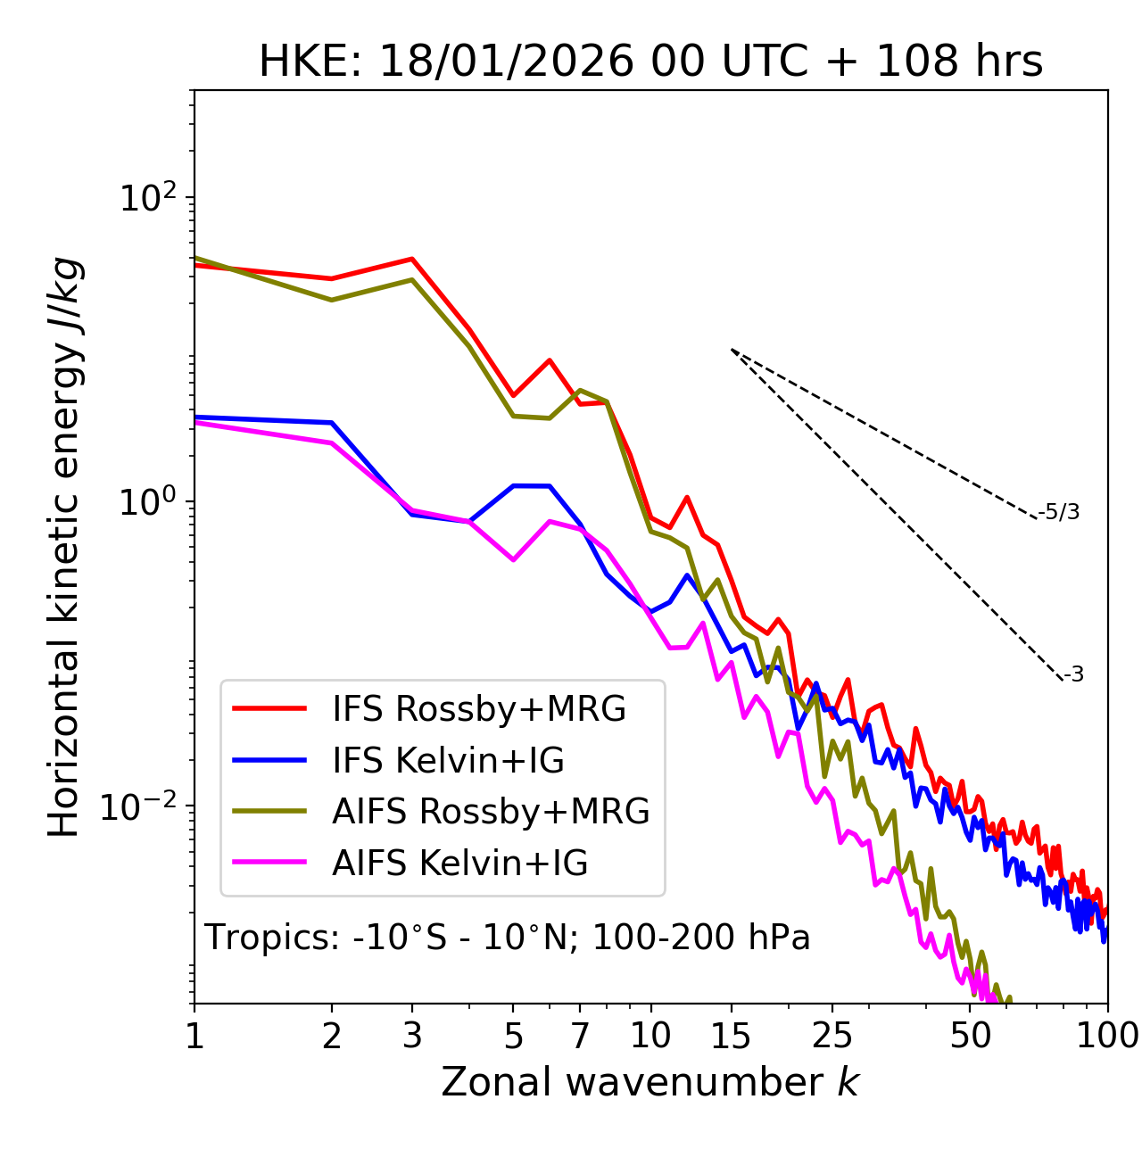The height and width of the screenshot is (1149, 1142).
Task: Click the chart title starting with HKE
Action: point(650,62)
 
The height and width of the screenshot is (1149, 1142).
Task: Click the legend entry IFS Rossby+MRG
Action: point(478,708)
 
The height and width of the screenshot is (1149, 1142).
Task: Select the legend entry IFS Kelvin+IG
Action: point(448,760)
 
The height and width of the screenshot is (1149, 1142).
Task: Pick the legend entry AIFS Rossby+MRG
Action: point(491,811)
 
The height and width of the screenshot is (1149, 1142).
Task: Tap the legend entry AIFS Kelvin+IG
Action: point(459,863)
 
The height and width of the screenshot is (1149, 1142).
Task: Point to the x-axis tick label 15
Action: point(731,1036)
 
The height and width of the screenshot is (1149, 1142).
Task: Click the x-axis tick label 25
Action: point(832,1036)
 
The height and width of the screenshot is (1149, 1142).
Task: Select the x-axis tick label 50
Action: point(970,1036)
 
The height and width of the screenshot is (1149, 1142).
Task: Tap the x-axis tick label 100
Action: point(1107,1036)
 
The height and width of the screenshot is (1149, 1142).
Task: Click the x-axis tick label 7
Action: point(580,1036)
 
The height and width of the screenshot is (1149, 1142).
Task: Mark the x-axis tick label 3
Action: point(412,1036)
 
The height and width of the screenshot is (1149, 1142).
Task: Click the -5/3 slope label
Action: point(1059,512)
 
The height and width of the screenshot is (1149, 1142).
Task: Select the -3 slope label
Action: point(1073,674)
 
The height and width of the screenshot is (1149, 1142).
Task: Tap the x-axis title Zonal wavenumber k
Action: point(650,1082)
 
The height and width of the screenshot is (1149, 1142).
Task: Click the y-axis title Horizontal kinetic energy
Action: point(64,547)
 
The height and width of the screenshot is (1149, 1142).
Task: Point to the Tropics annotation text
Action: point(508,938)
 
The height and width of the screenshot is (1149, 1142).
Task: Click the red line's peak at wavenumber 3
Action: point(412,259)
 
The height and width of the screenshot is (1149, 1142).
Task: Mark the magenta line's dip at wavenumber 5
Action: point(513,560)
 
